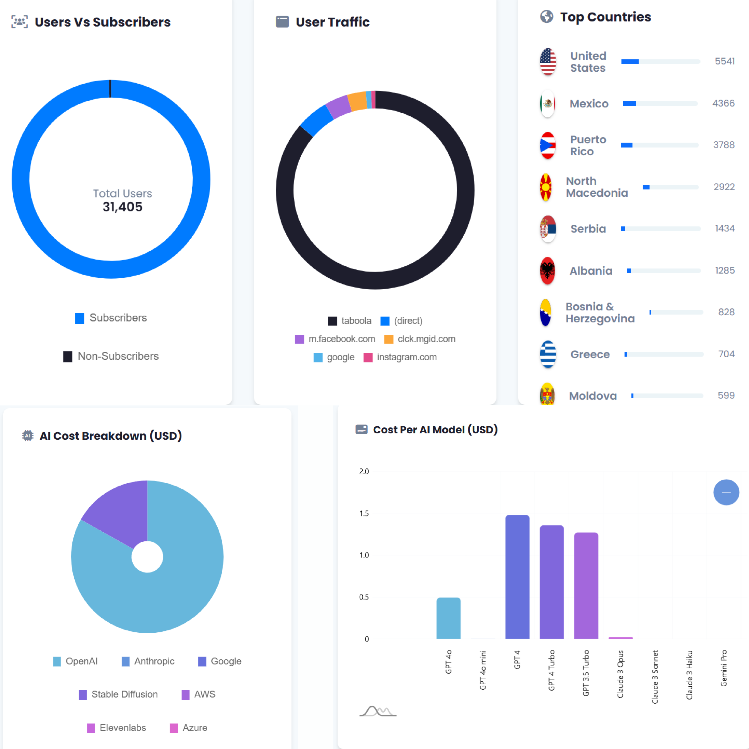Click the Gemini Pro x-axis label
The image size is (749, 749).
coord(723,668)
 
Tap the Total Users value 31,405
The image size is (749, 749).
coord(122,207)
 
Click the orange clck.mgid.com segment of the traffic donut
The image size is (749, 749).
coord(357,101)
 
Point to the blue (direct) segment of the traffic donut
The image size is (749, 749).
coord(316,120)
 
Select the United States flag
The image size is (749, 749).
coord(548,62)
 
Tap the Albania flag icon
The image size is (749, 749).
coord(547,271)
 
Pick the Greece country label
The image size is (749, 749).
coord(590,354)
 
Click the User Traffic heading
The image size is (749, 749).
coord(332,22)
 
